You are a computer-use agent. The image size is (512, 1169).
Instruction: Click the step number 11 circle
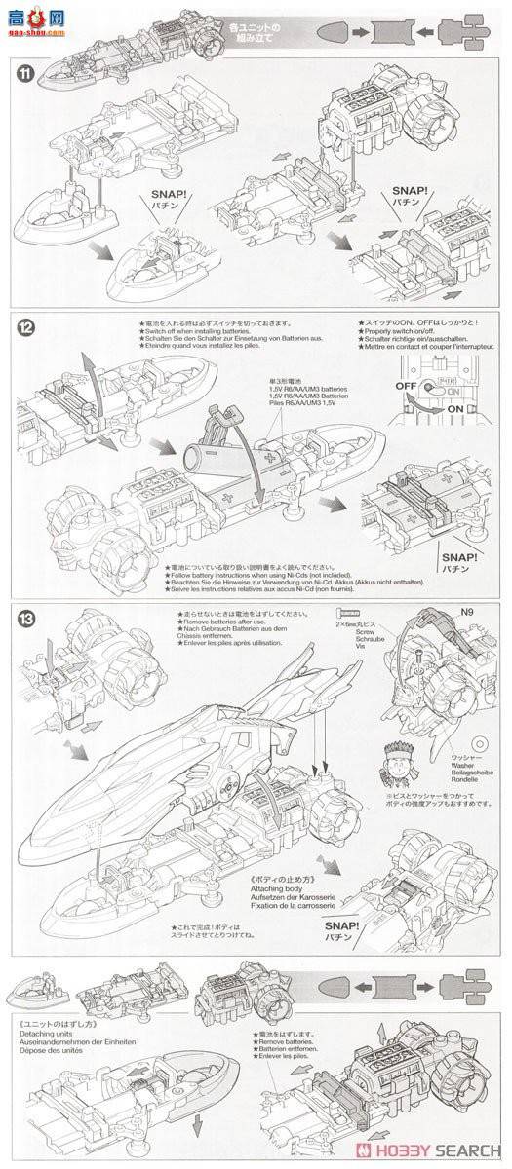click(x=20, y=74)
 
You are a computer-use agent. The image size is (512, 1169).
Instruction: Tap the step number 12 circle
click(x=20, y=325)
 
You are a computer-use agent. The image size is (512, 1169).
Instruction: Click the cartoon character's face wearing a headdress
click(x=390, y=755)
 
